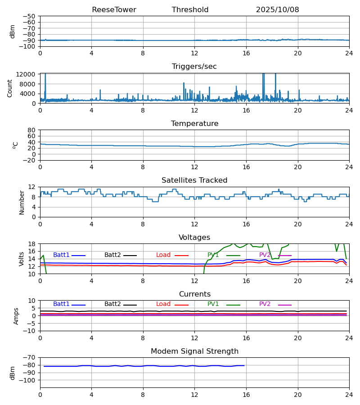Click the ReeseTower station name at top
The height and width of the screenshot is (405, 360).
[x=114, y=10]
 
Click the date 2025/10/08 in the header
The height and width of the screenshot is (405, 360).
[x=277, y=10]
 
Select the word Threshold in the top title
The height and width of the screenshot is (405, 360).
[x=190, y=10]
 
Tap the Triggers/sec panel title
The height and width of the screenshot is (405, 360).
[x=194, y=67]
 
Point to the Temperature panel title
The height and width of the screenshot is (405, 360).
[x=194, y=124]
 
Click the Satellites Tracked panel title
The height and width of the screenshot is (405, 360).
[x=194, y=180]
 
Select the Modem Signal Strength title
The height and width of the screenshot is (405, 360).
[x=194, y=351]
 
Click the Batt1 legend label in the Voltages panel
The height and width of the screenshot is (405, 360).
[x=61, y=255]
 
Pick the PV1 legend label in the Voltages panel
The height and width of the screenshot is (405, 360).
[x=213, y=255]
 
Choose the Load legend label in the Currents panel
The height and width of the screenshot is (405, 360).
[x=163, y=304]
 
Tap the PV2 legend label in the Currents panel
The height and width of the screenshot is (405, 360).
[x=265, y=304]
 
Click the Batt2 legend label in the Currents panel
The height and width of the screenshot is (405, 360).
[x=112, y=304]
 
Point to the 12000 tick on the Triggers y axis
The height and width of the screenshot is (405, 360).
[x=27, y=74]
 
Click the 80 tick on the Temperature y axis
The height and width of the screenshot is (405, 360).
[x=31, y=130]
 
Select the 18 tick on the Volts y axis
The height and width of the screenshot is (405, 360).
[x=31, y=244]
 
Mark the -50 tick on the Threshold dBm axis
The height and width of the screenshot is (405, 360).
[x=30, y=16]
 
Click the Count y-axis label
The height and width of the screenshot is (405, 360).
[x=10, y=88]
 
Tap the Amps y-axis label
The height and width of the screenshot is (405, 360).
[x=16, y=316]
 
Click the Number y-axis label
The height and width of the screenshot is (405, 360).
[x=22, y=202]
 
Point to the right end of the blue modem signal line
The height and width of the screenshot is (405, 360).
[x=244, y=365]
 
